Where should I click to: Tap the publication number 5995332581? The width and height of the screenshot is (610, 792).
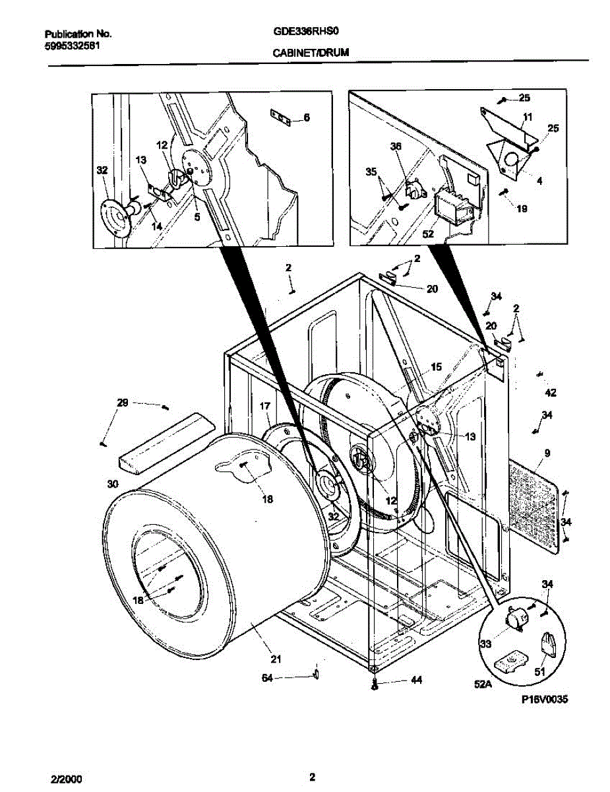click(x=72, y=46)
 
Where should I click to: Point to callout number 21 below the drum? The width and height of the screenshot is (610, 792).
click(x=276, y=658)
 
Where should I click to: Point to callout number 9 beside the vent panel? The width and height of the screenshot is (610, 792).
click(x=547, y=453)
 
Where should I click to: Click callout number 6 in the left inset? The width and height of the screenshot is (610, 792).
click(x=306, y=118)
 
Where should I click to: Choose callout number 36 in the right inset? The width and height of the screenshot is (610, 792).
click(x=396, y=148)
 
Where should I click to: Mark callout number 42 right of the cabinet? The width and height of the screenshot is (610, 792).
click(x=551, y=393)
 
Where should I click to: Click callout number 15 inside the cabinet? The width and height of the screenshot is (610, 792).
click(x=436, y=367)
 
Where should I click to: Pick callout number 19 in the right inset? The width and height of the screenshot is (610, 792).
click(x=522, y=209)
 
